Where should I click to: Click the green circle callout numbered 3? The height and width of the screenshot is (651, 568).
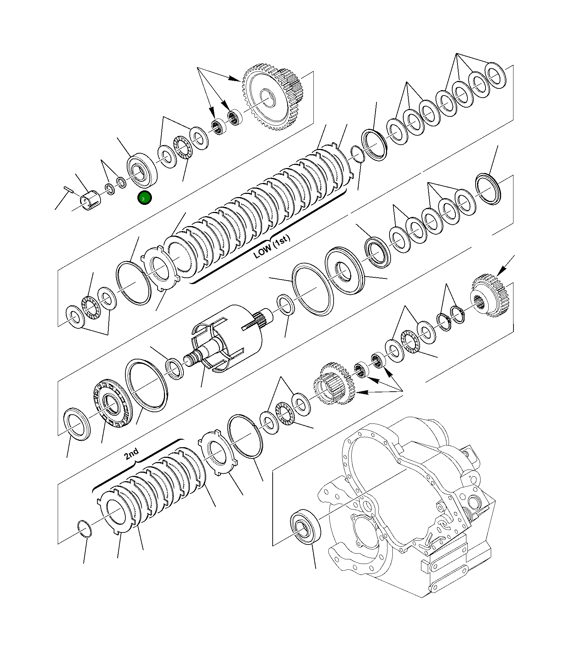144,198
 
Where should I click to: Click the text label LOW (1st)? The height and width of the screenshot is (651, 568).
272,247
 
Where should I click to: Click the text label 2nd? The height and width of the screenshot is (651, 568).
132,454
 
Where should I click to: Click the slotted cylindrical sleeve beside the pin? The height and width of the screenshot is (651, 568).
91,200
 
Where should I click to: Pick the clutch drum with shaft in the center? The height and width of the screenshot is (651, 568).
227,338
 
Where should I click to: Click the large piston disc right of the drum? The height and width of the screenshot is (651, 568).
344,271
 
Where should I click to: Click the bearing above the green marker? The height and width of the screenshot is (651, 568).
142,171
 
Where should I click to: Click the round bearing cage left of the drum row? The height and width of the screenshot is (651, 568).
113,403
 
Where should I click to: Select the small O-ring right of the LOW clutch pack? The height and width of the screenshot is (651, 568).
357,154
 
